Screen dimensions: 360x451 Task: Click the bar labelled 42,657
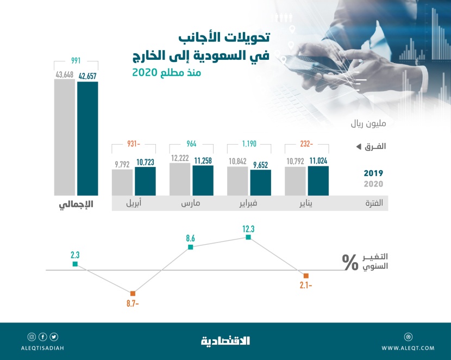(x=87, y=138)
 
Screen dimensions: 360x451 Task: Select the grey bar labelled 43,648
(x=64, y=138)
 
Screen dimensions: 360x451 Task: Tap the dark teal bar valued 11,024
(x=318, y=181)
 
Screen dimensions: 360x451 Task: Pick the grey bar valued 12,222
(x=180, y=179)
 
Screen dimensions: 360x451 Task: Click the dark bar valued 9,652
(x=260, y=183)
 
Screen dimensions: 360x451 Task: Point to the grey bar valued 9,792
(x=122, y=182)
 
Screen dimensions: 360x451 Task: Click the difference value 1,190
(x=249, y=144)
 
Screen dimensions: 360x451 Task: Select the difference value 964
(x=192, y=144)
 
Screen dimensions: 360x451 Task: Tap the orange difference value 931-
(x=134, y=144)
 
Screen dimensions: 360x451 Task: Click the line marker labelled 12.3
(x=248, y=237)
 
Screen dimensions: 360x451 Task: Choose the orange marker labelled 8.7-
(x=133, y=293)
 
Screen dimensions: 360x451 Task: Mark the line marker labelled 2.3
(x=75, y=264)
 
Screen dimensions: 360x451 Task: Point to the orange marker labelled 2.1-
(x=306, y=276)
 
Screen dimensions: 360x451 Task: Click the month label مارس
(x=191, y=204)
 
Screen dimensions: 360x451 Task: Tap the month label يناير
(x=306, y=204)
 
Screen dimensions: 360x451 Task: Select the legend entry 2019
(x=373, y=173)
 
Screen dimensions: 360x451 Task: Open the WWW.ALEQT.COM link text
(x=408, y=348)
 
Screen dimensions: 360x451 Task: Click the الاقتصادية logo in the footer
(x=225, y=341)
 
